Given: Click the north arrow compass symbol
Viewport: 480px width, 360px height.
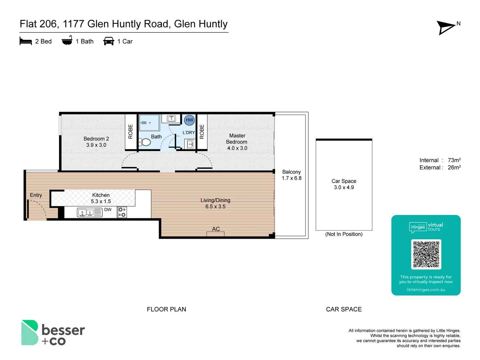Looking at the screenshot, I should point(446,27).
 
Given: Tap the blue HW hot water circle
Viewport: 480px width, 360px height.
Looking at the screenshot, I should point(189,120).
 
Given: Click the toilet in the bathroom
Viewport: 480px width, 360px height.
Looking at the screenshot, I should point(145,142).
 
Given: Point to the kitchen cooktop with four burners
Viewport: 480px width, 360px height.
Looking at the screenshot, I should point(122,212).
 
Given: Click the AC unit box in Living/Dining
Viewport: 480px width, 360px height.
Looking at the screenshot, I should point(215,234).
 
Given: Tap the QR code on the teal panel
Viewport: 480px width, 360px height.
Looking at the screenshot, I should point(426,254).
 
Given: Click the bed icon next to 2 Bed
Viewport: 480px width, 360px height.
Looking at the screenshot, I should point(26,41).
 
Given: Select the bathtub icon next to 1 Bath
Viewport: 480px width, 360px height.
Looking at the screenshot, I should point(67,41).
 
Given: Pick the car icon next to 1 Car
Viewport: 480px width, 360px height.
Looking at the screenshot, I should point(109,41).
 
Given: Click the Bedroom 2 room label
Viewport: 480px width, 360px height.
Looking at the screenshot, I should point(96,139).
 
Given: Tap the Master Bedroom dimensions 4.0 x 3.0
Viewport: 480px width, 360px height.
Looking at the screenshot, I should point(237,148).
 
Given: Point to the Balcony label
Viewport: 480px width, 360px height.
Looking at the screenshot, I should point(291,172).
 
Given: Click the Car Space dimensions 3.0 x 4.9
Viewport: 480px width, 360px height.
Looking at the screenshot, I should point(344,187).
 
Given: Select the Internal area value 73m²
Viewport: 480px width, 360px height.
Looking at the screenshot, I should point(454,160).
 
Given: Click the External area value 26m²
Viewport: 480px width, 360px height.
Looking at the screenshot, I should point(454,168).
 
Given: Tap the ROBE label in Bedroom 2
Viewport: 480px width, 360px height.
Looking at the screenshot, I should point(131,131).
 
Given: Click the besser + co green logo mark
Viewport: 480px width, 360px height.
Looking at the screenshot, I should point(30,333).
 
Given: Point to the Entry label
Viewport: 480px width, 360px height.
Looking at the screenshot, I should point(36,195).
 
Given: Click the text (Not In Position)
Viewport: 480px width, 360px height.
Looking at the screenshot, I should point(344,234).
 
